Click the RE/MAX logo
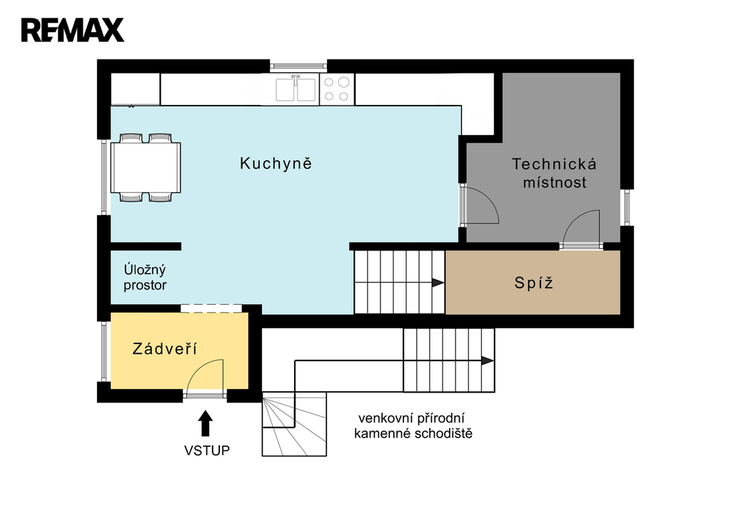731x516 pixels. (73, 30)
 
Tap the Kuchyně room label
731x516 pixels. (276, 163)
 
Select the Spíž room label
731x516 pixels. (534, 283)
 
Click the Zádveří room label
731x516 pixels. (165, 348)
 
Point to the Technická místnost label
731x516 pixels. (554, 173)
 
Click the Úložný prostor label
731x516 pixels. (145, 278)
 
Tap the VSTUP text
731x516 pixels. (206, 450)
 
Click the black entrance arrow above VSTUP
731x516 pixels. (205, 423)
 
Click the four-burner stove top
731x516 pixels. (337, 89)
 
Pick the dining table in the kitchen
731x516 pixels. (146, 167)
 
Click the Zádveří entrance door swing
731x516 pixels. (205, 375)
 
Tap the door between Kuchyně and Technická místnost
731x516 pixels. (480, 206)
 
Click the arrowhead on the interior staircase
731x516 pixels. (438, 283)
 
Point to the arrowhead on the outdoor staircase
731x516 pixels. (488, 361)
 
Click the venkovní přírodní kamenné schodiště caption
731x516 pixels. (413, 426)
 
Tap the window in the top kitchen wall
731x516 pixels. (298, 66)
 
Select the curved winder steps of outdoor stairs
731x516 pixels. (294, 424)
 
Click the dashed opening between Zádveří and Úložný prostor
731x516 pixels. (211, 308)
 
